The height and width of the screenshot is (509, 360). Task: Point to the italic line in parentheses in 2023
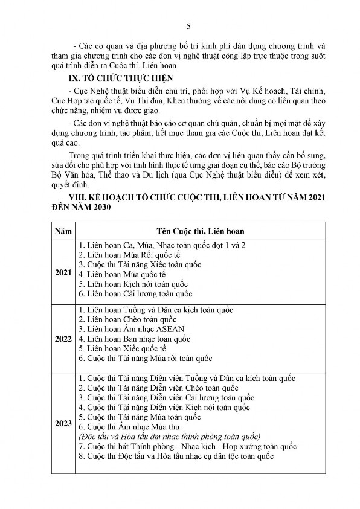[x=169, y=436]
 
